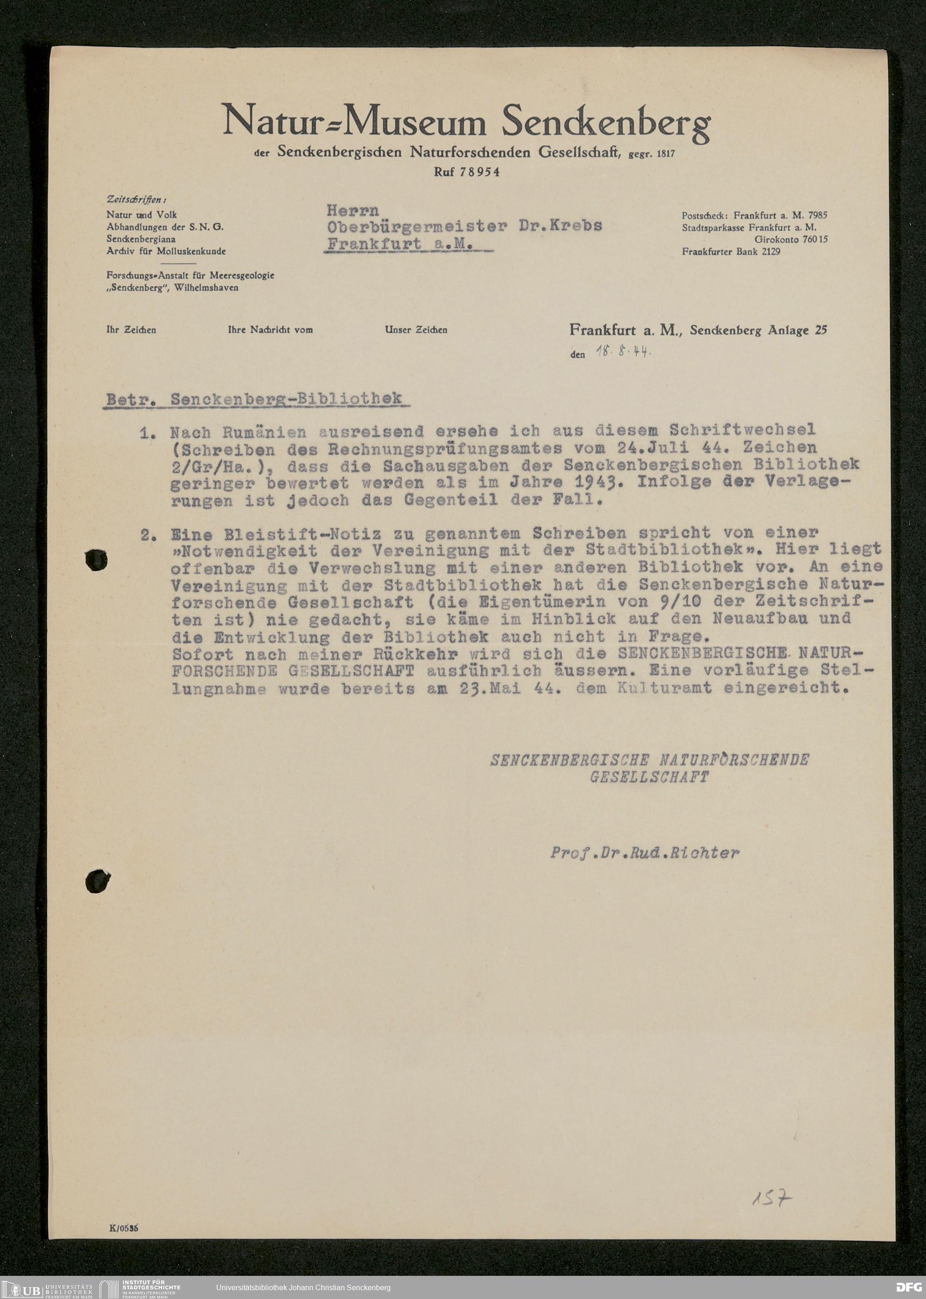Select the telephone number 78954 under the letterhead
480,172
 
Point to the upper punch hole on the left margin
96,560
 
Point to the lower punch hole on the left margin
98,881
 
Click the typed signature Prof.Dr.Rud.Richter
644,853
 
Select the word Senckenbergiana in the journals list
141,239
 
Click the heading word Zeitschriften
136,200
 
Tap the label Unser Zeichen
416,330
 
